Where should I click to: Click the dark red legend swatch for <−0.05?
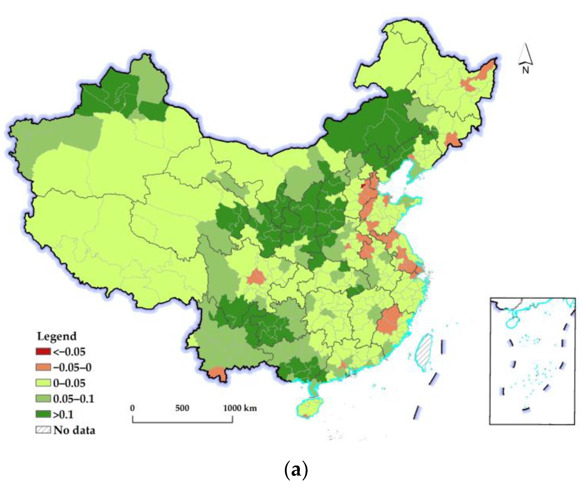tap(43, 351)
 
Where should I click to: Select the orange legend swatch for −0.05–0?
tap(43, 367)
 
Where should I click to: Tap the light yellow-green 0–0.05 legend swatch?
tap(43, 383)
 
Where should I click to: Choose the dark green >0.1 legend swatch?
tap(43, 414)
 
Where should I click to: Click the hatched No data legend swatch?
tap(43, 430)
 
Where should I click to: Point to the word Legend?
tap(57, 336)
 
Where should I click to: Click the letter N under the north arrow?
tap(525, 70)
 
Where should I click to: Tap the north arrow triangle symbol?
tap(525, 54)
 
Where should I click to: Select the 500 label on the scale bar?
tap(182, 408)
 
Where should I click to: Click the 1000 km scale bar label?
tap(240, 408)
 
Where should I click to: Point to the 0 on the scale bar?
tap(132, 408)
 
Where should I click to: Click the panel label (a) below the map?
tap(296, 470)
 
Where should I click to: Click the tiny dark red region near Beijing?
tap(363, 185)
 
